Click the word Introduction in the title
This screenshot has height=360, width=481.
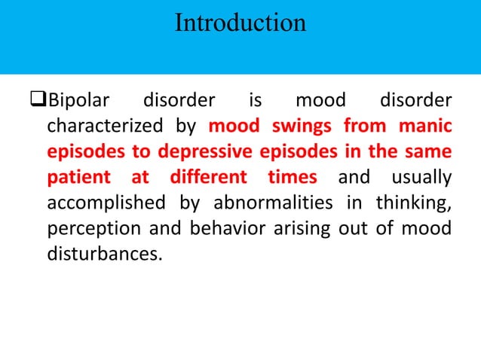tap(240, 23)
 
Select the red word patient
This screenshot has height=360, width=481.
tap(73, 177)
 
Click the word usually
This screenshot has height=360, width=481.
tap(421, 177)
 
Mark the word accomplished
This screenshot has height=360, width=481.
tap(103, 203)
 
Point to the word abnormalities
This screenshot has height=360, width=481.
tap(262, 203)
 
